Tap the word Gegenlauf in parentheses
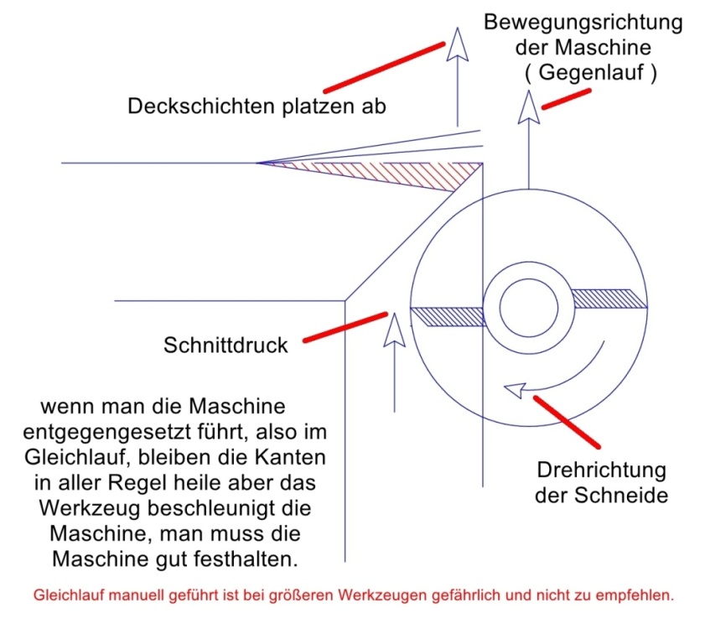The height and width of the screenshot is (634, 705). point(591,73)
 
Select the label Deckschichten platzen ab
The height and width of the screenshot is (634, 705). point(257,107)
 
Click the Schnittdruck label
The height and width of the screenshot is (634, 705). point(226,345)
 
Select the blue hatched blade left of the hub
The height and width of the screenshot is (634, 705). point(448,315)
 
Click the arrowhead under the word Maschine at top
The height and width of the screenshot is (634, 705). point(528,107)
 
